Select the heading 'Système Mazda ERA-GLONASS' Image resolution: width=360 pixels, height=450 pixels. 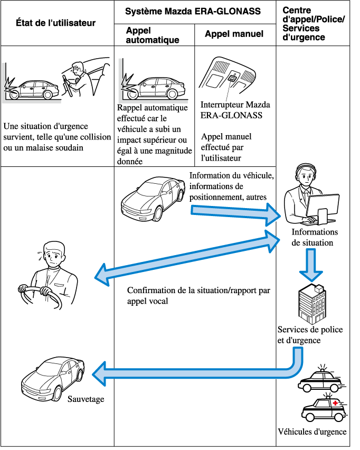[195, 11]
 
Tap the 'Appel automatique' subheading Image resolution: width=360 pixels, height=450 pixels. [153, 35]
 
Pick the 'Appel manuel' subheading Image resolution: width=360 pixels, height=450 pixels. [234, 34]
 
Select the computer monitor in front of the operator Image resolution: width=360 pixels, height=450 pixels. [323, 206]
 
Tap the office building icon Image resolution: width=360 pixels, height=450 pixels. [312, 303]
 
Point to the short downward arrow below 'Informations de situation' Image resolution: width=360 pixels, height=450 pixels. [311, 264]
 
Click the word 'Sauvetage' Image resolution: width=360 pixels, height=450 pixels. [86, 399]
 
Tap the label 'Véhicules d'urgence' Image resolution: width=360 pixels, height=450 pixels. [312, 432]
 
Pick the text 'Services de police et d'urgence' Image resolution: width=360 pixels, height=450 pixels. [310, 335]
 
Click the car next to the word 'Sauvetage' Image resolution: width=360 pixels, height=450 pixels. [53, 378]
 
